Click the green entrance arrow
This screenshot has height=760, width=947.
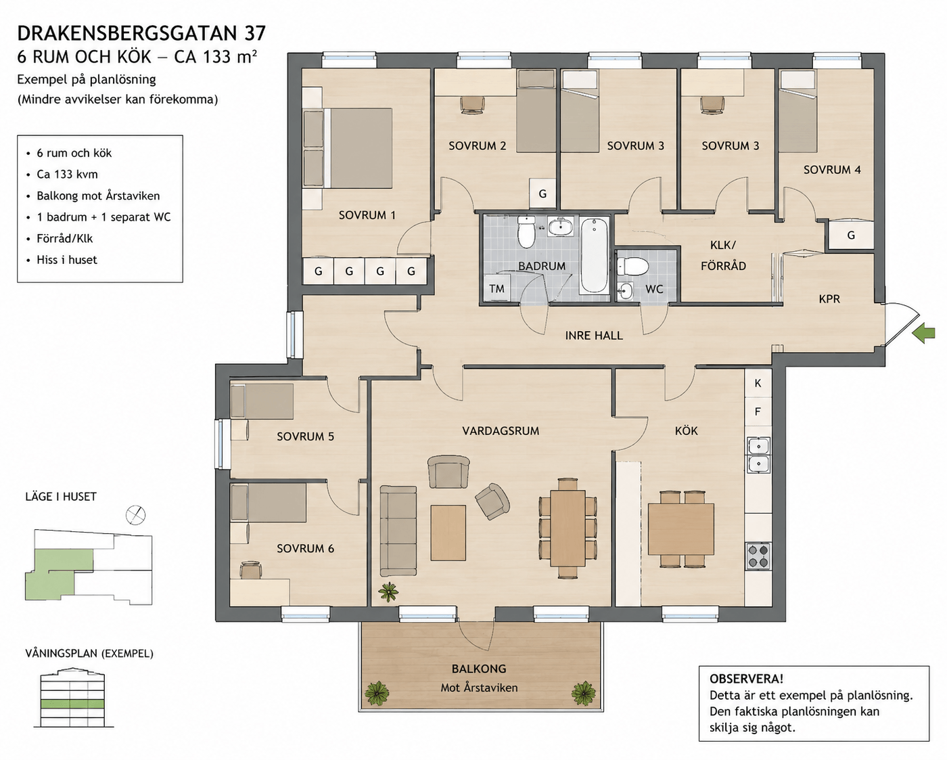pyautogui.click(x=923, y=334)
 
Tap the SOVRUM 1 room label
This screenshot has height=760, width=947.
pyautogui.click(x=367, y=215)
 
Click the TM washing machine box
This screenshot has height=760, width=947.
pyautogui.click(x=496, y=288)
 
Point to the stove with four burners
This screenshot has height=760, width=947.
pyautogui.click(x=758, y=556)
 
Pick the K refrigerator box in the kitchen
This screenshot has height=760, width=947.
pyautogui.click(x=758, y=383)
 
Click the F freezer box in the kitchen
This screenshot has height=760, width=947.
pyautogui.click(x=758, y=411)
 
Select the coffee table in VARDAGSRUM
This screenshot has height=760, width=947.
pyautogui.click(x=448, y=533)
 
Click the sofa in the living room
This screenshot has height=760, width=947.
pyautogui.click(x=398, y=531)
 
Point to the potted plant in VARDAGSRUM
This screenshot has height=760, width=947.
pyautogui.click(x=388, y=591)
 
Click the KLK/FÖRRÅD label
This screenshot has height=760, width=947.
pyautogui.click(x=723, y=255)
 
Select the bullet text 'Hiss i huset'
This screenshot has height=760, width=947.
pyautogui.click(x=67, y=260)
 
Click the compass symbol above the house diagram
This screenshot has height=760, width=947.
pyautogui.click(x=135, y=515)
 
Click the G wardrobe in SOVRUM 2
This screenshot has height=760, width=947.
pyautogui.click(x=542, y=194)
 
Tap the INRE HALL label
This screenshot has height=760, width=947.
pyautogui.click(x=594, y=336)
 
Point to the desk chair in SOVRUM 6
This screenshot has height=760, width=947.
pyautogui.click(x=251, y=570)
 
